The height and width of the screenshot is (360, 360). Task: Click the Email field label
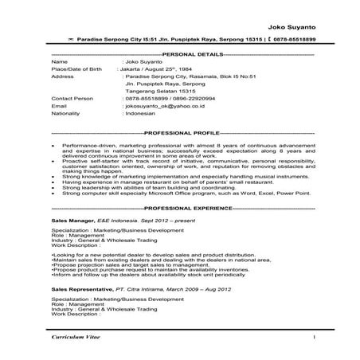(x=58, y=104)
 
